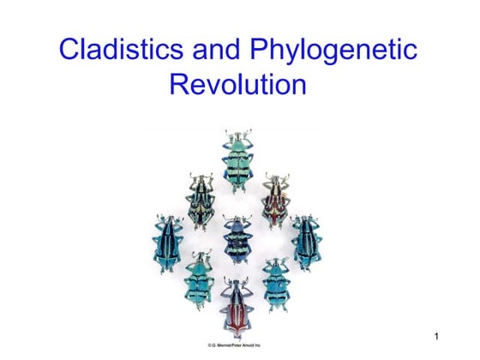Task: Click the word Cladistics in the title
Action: tap(121, 49)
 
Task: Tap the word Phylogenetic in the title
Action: tap(333, 51)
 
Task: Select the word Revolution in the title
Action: tap(238, 84)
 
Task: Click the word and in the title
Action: tap(216, 49)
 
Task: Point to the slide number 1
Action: tap(436, 336)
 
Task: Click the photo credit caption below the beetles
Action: tap(234, 345)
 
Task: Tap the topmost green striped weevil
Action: tap(238, 161)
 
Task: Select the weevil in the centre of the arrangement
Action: tap(238, 239)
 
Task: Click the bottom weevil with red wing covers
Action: tap(237, 308)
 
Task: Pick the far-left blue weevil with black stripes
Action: tap(168, 243)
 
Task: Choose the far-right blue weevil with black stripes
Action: tap(307, 243)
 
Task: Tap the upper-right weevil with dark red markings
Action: tap(276, 201)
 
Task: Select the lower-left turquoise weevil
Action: tap(199, 279)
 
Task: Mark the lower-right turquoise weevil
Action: tap(277, 284)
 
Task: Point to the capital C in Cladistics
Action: tap(69, 49)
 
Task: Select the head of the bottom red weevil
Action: tap(237, 284)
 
